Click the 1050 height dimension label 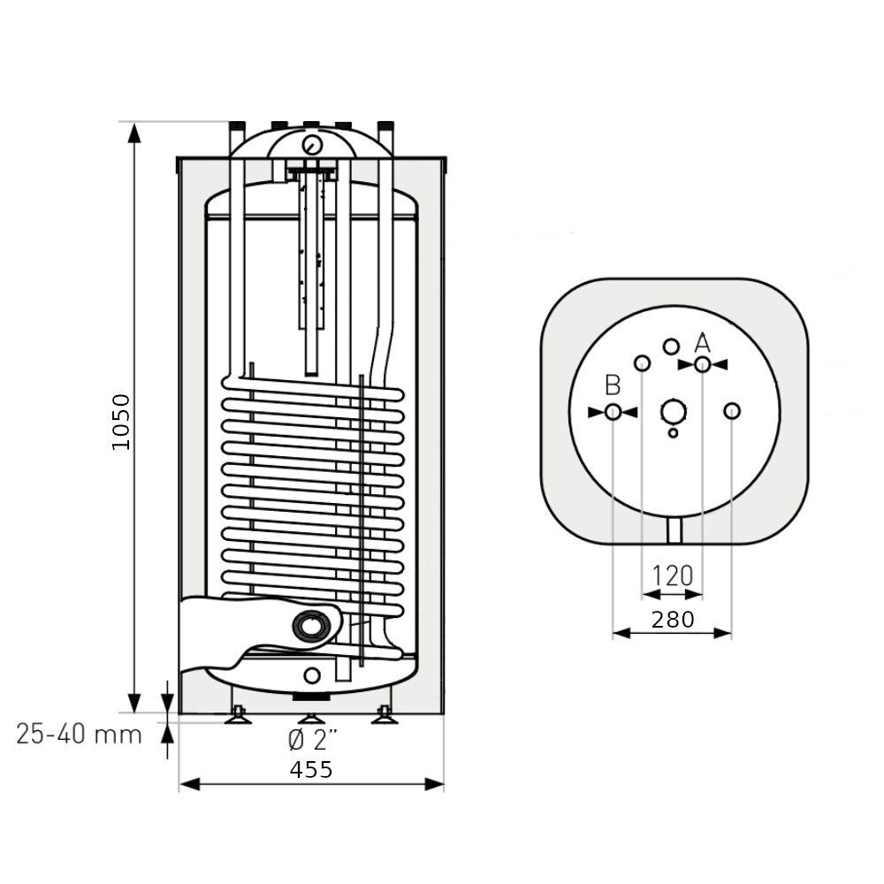point(121,422)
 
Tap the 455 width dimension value point(311,769)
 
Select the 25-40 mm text point(79,734)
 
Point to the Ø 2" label point(312,740)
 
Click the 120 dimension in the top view point(672,575)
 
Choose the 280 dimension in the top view point(673,620)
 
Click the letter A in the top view point(702,343)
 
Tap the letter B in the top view point(613,385)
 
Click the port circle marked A point(703,364)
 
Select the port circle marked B point(613,412)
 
